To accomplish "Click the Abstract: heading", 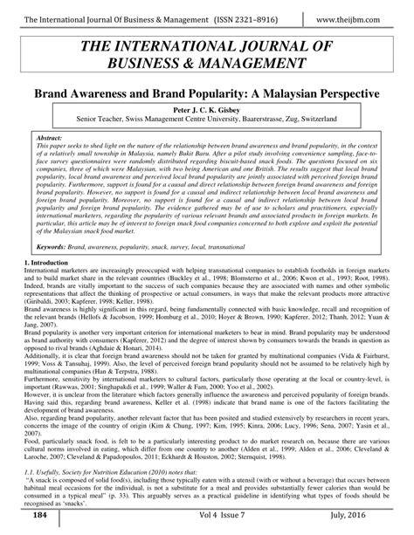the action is [x=59, y=137].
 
